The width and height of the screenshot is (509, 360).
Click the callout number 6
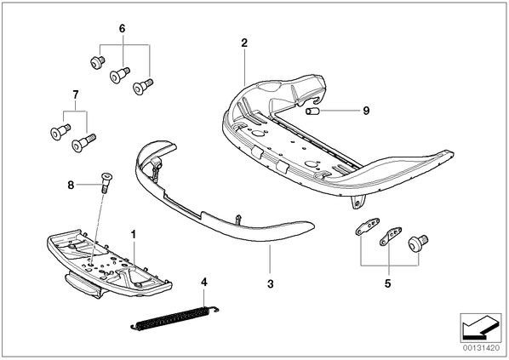pyautogui.click(x=122, y=29)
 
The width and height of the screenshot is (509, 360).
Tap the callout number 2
pyautogui.click(x=244, y=43)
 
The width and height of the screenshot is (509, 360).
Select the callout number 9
pyautogui.click(x=366, y=111)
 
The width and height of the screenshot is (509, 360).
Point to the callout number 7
pyautogui.click(x=75, y=94)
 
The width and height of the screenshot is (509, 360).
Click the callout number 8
pyautogui.click(x=71, y=186)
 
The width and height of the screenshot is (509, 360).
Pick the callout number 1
pyautogui.click(x=133, y=234)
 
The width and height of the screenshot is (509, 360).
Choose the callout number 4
pyautogui.click(x=204, y=282)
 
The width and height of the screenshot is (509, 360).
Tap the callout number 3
pyautogui.click(x=271, y=284)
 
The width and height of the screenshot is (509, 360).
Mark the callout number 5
pyautogui.click(x=388, y=283)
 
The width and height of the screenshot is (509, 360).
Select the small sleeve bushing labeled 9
pyautogui.click(x=312, y=111)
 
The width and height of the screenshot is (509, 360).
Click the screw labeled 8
pyautogui.click(x=106, y=183)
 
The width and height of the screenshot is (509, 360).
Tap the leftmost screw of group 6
pyautogui.click(x=97, y=62)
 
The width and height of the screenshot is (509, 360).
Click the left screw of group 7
pyautogui.click(x=60, y=131)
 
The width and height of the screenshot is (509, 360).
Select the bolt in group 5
pyautogui.click(x=418, y=243)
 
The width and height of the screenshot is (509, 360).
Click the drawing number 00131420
pyautogui.click(x=482, y=348)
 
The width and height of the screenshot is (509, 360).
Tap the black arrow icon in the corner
pyautogui.click(x=481, y=328)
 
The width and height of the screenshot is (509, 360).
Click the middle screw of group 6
pyautogui.click(x=120, y=75)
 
